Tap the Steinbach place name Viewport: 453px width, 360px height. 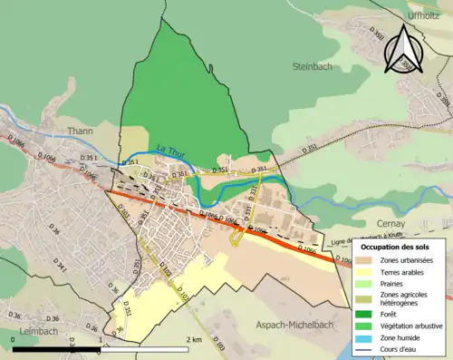click(313, 66)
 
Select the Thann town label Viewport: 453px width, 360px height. click(81, 131)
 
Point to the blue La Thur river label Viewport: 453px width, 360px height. click(169, 151)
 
